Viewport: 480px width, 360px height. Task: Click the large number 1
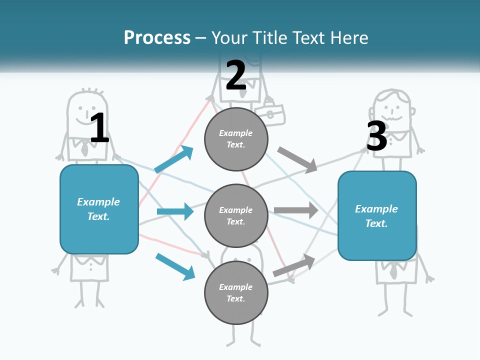pyautogui.click(x=99, y=128)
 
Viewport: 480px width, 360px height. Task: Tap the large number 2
pyautogui.click(x=235, y=75)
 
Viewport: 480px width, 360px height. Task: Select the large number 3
pyautogui.click(x=376, y=136)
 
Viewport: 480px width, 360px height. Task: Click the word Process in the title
pyautogui.click(x=157, y=37)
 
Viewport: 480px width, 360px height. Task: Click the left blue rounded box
pyautogui.click(x=99, y=209)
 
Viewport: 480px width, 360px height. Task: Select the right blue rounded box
pyautogui.click(x=377, y=216)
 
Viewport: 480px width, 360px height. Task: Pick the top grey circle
pyautogui.click(x=236, y=139)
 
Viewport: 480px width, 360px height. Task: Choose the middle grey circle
pyautogui.click(x=236, y=215)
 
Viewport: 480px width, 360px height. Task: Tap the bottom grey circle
pyautogui.click(x=236, y=292)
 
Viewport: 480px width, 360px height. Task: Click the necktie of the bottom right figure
pyautogui.click(x=394, y=271)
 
